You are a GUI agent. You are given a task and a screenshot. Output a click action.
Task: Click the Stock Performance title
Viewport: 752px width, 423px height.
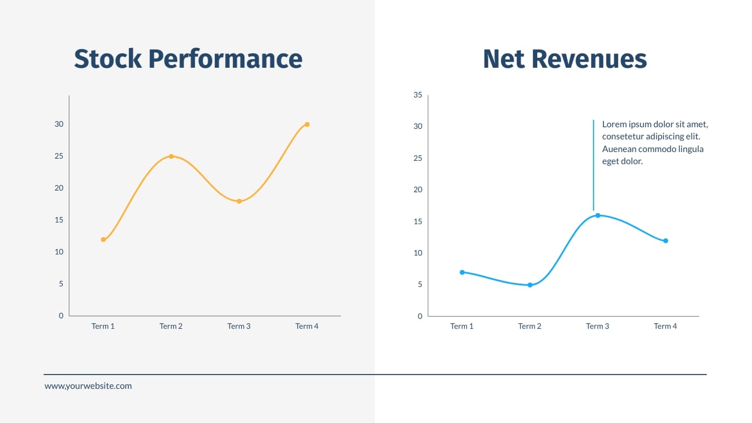pos(188,59)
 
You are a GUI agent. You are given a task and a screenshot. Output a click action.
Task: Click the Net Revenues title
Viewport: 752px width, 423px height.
pos(565,59)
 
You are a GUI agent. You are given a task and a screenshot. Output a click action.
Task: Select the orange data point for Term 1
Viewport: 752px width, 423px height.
pos(103,240)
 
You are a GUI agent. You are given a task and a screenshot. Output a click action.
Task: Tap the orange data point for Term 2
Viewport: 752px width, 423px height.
pos(171,156)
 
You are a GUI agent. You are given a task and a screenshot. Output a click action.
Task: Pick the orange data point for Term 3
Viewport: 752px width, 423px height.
pos(239,201)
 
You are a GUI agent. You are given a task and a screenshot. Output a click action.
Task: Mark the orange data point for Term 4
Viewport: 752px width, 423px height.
pos(307,124)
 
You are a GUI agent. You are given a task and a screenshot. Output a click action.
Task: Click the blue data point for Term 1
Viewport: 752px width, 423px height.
pos(462,272)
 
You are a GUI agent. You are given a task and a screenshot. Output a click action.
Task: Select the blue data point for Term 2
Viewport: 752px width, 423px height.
pos(530,285)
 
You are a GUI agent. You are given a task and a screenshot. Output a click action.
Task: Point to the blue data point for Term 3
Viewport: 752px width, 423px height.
pos(598,215)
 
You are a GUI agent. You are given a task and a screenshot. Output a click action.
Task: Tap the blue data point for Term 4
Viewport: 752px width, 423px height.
pos(666,241)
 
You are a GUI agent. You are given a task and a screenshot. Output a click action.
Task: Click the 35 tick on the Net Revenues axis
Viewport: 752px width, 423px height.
pos(418,95)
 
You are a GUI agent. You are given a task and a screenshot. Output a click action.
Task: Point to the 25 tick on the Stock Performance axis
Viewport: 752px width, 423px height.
pos(59,156)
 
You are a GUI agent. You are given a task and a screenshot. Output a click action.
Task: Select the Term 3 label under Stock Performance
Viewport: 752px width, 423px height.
pos(239,326)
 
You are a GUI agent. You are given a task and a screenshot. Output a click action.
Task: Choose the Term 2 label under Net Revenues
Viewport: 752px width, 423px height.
pos(530,326)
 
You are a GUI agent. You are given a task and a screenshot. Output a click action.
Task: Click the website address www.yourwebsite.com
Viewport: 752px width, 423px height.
pos(88,386)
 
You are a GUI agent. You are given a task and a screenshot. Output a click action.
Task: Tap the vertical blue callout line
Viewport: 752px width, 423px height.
pos(593,165)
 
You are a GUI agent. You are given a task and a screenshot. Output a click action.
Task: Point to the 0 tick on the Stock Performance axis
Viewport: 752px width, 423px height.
pos(61,316)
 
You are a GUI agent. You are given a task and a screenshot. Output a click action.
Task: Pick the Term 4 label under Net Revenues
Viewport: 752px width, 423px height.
pos(665,326)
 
